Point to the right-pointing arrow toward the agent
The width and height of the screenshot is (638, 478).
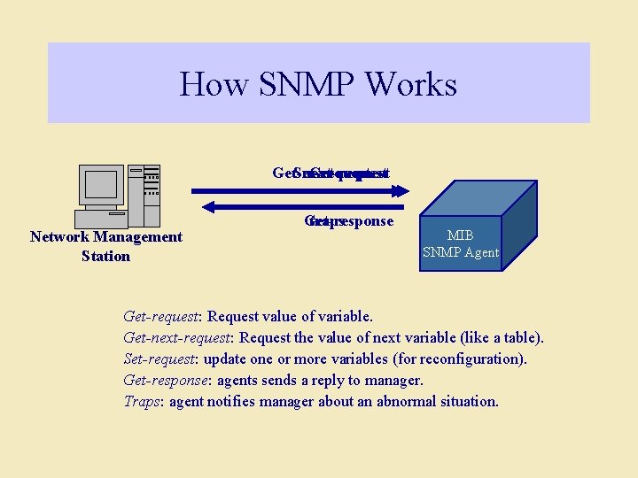click(300, 189)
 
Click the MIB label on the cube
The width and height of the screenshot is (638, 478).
click(460, 236)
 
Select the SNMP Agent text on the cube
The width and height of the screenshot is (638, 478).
click(460, 252)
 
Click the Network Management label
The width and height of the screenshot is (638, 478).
click(105, 236)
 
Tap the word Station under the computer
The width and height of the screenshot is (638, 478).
click(105, 256)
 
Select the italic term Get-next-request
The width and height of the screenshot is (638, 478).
click(177, 337)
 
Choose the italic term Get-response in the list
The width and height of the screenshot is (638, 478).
click(165, 380)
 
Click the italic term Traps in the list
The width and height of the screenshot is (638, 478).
click(142, 401)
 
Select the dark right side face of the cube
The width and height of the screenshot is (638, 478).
click(518, 221)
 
